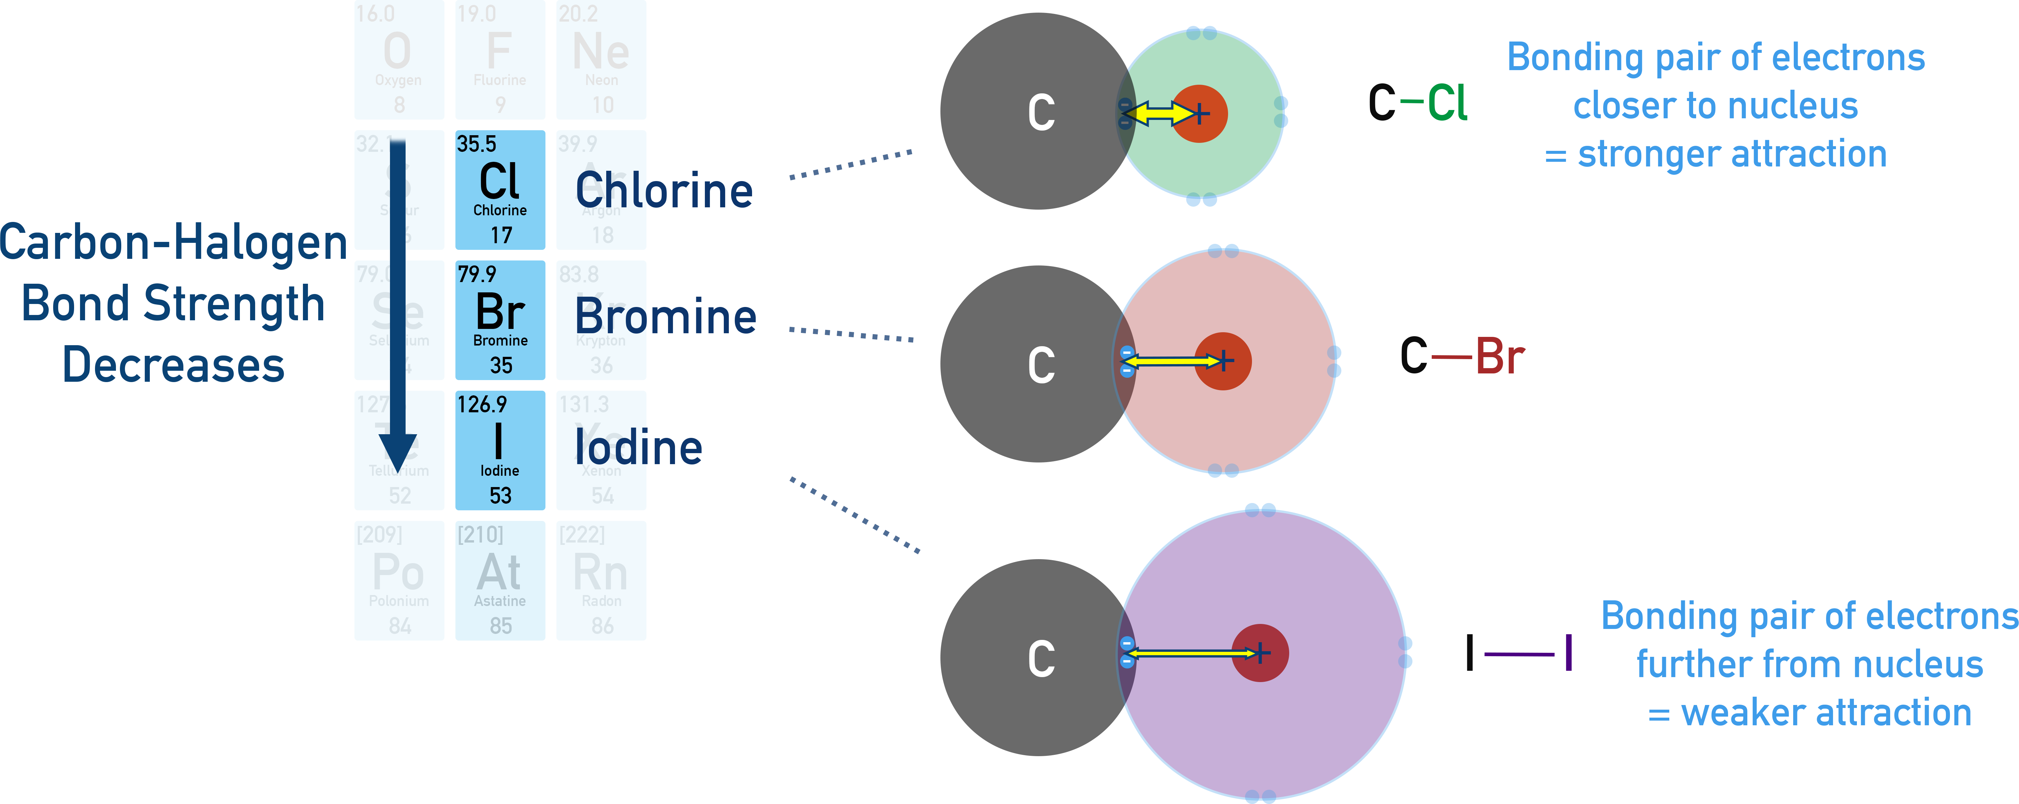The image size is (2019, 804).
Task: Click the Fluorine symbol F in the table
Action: tap(499, 52)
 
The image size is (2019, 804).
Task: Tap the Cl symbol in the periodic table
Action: tap(499, 182)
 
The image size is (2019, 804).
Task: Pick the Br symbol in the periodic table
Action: tap(499, 312)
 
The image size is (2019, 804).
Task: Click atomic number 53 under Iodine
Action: tap(500, 495)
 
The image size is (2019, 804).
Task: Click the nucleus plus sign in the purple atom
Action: tap(1260, 653)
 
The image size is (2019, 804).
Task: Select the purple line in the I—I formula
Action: tap(1519, 653)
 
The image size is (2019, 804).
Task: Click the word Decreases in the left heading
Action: tap(173, 365)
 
